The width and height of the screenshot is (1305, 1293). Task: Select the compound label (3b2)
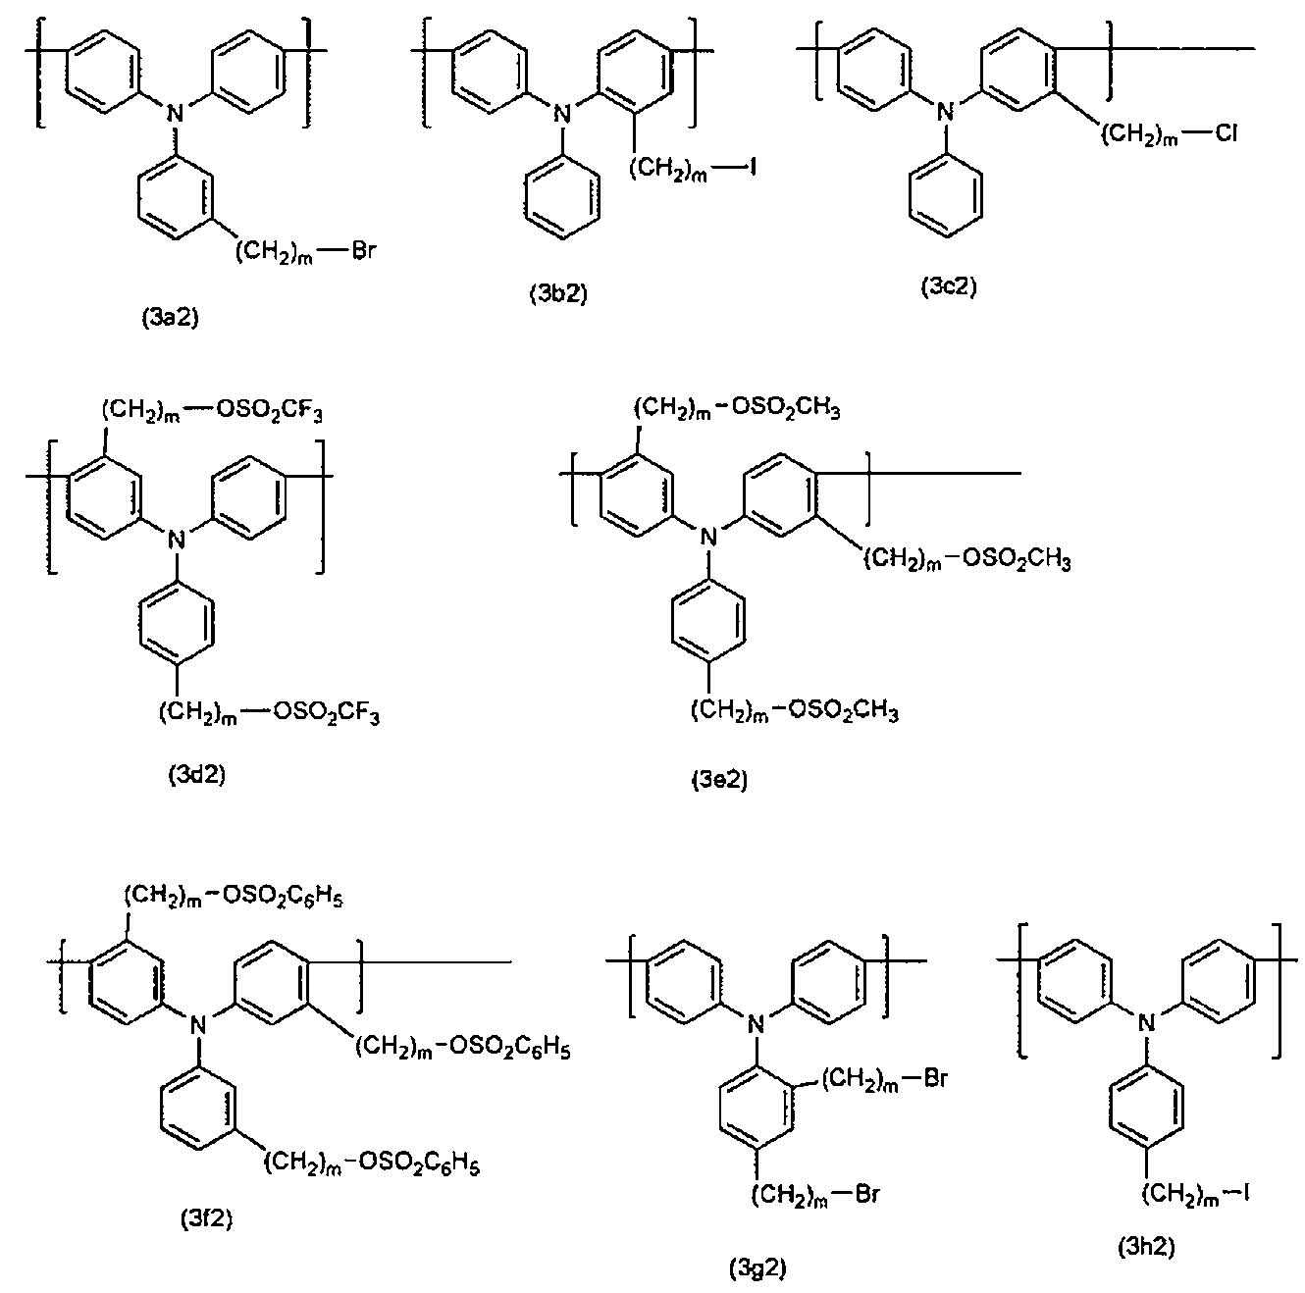[x=558, y=293]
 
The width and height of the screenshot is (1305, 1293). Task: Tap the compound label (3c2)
[x=949, y=287]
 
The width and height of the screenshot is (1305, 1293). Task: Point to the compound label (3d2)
[x=196, y=774]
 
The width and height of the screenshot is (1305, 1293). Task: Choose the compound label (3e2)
[x=719, y=780]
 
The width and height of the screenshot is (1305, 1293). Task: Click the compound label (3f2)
[x=207, y=1218]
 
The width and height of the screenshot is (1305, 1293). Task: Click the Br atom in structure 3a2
[x=363, y=252]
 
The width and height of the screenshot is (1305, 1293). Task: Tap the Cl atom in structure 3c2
[x=1226, y=133]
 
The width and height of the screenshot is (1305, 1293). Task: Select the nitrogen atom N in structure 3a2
[x=176, y=113]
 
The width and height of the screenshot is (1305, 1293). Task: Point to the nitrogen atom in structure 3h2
[x=1146, y=1023]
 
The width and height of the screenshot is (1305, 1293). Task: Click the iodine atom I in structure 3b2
[x=752, y=167]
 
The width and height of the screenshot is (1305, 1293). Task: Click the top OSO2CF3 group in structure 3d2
[x=269, y=411]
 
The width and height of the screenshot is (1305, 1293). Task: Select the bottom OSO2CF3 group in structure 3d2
[x=326, y=712]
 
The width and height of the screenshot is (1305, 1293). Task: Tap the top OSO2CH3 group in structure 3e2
[x=786, y=408]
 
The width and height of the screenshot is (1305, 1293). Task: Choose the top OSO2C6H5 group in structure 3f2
[x=283, y=897]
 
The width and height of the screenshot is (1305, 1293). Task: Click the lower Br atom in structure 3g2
[x=866, y=1194]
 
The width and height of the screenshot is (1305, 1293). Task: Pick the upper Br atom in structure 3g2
[x=934, y=1078]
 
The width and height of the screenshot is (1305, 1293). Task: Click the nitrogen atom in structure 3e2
[x=708, y=537]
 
